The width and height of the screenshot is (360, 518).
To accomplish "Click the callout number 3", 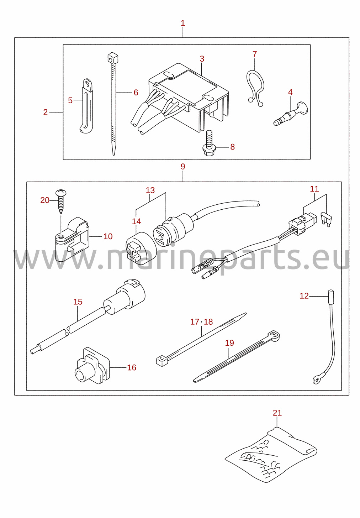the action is (202, 59).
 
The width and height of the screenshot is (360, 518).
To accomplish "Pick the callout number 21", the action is (277, 413).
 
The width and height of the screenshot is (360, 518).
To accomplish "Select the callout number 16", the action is (132, 367).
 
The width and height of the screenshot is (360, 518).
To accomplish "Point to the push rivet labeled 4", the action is (291, 114).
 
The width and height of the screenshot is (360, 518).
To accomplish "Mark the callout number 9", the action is (183, 167).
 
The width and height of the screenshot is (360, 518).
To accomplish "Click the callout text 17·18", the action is (201, 322).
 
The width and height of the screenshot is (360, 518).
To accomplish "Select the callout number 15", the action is (78, 302).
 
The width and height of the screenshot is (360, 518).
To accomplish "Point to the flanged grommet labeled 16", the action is (92, 366).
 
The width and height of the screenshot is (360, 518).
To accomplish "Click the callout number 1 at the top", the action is (183, 23).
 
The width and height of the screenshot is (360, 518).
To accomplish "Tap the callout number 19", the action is (229, 343).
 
